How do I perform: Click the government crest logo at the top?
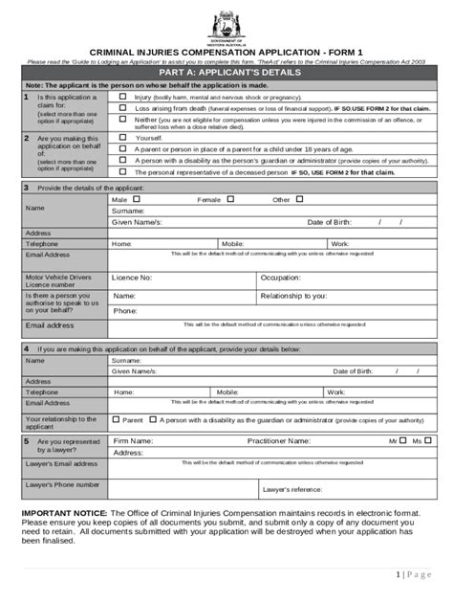point(226,22)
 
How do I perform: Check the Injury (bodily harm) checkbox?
point(122,98)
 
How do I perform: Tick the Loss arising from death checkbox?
point(122,109)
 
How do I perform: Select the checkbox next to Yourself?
point(122,138)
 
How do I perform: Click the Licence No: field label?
point(132,278)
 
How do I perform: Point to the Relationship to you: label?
point(294,297)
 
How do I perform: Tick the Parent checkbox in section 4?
point(117,419)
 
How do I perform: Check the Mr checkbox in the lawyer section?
point(403,440)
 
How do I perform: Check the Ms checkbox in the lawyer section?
point(428,440)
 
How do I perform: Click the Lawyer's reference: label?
point(292,490)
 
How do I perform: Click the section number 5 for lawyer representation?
point(27,441)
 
